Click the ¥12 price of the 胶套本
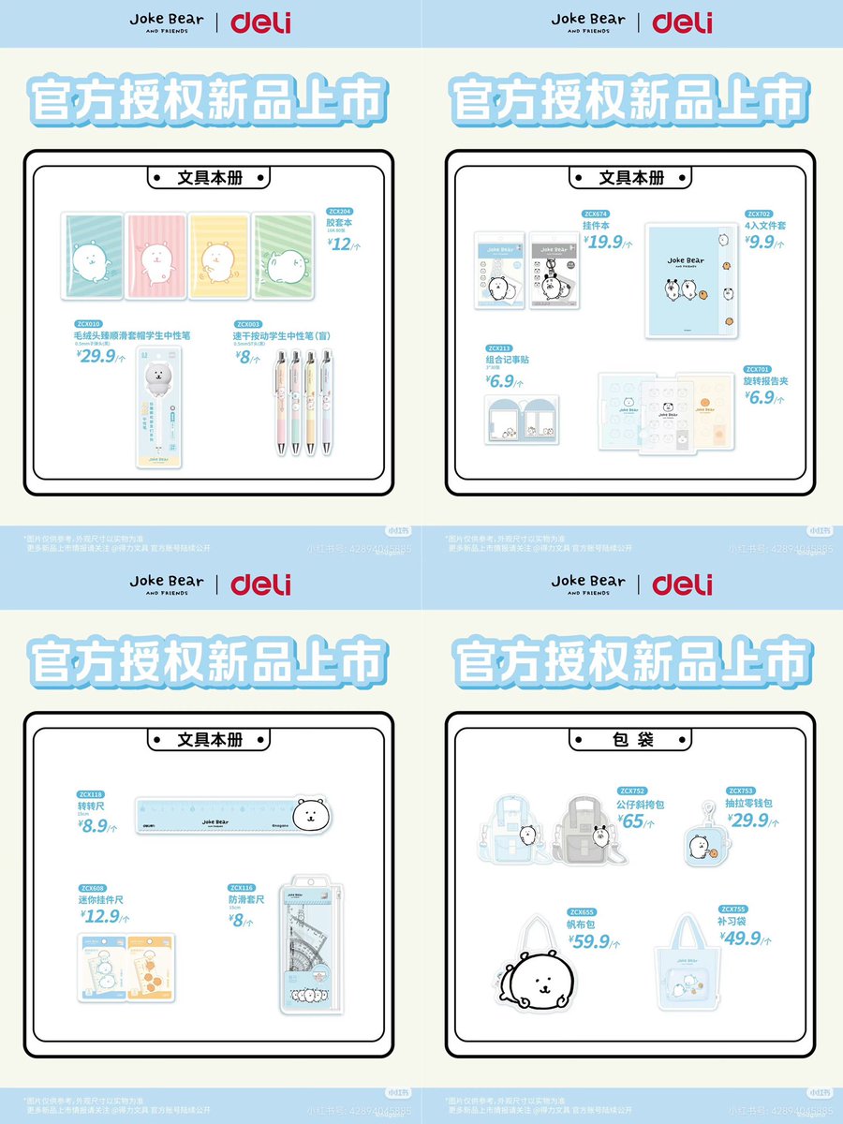[x=340, y=244]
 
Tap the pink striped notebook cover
[x=155, y=255]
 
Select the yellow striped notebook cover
[x=218, y=255]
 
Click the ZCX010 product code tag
[x=89, y=324]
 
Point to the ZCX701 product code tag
[x=757, y=369]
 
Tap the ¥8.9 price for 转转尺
[x=96, y=826]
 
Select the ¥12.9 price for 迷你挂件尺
[x=100, y=916]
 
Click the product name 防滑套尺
[x=247, y=899]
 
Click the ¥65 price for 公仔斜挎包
[x=634, y=821]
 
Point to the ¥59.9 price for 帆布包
[x=589, y=941]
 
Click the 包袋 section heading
[x=630, y=739]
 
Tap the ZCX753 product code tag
[x=741, y=791]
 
